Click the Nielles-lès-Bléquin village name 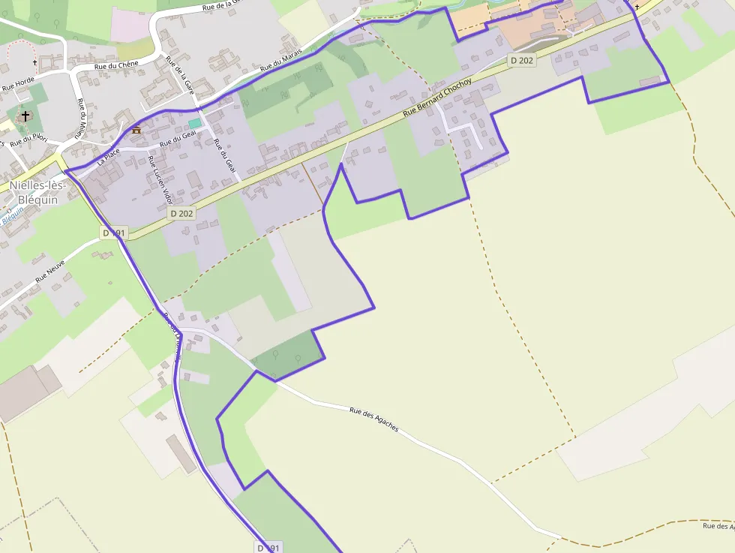coord(38,193)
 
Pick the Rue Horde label coord(18,87)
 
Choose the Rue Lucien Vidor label coord(160,180)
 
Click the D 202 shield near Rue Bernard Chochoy coord(521,60)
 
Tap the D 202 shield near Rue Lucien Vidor coord(181,213)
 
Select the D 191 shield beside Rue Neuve coord(115,233)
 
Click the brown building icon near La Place coord(136,130)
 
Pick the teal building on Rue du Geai coord(195,122)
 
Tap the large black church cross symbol coord(25,116)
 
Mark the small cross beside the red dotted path coord(34,62)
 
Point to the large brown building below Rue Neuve coord(27,390)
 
